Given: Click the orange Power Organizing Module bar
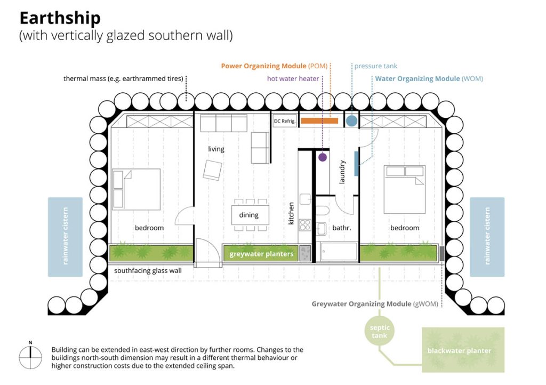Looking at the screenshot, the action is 319,121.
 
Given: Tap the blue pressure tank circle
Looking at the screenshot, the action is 352,121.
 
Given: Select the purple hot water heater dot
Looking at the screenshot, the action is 323,157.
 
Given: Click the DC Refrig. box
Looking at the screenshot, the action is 285,121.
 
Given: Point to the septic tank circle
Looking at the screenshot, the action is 380,331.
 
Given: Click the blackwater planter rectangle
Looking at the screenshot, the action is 463,350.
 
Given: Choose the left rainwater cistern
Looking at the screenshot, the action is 65,237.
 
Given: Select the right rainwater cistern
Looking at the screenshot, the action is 487,237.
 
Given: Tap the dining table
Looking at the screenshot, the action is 251,215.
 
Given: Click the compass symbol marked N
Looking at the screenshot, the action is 30,357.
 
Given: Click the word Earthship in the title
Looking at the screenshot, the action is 60,18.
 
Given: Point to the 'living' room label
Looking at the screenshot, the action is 216,149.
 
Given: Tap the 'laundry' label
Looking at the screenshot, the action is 342,172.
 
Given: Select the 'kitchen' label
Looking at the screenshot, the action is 291,213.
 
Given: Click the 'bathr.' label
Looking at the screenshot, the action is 342,228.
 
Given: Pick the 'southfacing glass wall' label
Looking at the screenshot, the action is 148,270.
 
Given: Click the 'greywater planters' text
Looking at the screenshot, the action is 261,254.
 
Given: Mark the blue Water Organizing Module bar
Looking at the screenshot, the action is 357,163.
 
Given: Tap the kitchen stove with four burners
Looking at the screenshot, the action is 305,225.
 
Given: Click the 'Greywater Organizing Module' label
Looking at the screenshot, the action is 362,304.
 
